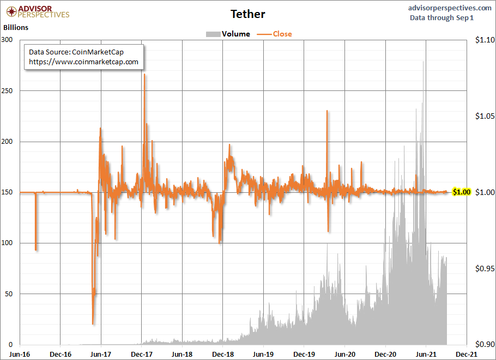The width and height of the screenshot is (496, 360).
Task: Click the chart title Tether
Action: [x=248, y=14]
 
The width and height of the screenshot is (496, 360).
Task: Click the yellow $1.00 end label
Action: [x=461, y=192]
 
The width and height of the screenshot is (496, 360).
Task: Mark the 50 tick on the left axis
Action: [x=9, y=294]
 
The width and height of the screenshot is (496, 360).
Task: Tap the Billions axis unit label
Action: [x=16, y=27]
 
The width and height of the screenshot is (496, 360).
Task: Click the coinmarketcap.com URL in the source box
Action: [x=83, y=62]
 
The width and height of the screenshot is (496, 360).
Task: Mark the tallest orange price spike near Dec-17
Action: [x=144, y=75]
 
